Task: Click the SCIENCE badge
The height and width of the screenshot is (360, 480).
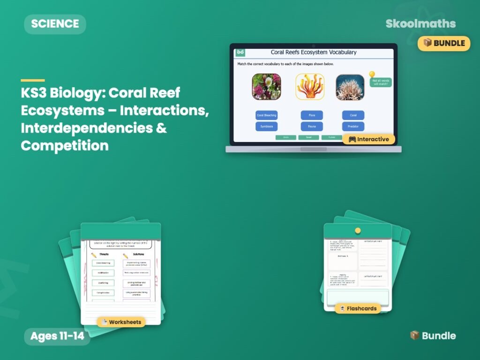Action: coord(55,24)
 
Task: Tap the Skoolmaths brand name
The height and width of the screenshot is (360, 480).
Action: coord(420,24)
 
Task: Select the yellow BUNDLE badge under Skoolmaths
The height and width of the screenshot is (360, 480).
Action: coord(444,43)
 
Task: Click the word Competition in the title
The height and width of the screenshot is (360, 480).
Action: coord(65,145)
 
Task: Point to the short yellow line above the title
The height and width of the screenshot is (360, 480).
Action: coord(33,80)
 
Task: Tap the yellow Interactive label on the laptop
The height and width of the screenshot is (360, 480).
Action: coord(368,139)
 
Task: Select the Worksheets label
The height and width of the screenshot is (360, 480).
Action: coord(121,322)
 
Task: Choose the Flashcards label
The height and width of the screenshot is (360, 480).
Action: coord(358,308)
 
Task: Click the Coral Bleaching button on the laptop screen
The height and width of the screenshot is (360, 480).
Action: coord(267,115)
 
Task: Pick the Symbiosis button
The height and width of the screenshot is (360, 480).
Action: coord(267,127)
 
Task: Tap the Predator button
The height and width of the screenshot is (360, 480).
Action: coord(353,127)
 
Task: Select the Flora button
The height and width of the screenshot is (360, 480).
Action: coord(312,115)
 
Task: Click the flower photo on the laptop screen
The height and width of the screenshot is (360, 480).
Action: coord(267,87)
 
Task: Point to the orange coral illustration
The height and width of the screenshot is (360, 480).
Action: coord(310,87)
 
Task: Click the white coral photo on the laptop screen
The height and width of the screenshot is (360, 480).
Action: coord(350,87)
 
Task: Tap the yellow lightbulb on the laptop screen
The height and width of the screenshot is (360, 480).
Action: coord(372,75)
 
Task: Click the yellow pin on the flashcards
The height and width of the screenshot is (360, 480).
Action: coord(358,231)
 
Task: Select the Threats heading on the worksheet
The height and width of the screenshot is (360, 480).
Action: coord(104,255)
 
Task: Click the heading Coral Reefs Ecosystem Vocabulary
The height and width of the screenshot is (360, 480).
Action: coord(314,52)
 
